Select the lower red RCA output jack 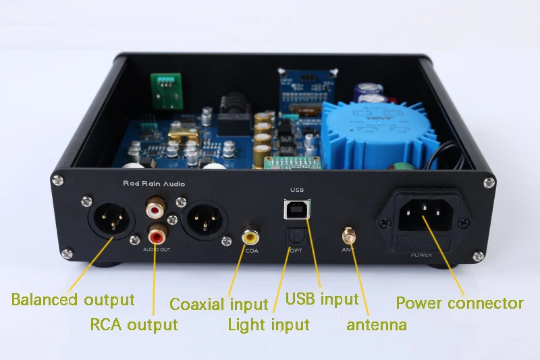click(157, 236)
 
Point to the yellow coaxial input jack click(250, 236)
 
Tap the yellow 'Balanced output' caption click(73, 299)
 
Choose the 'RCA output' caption click(134, 325)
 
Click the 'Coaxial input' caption click(219, 305)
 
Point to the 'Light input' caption click(268, 325)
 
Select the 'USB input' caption click(322, 299)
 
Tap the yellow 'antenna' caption click(376, 325)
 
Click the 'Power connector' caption click(459, 303)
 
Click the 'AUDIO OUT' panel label click(157, 251)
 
